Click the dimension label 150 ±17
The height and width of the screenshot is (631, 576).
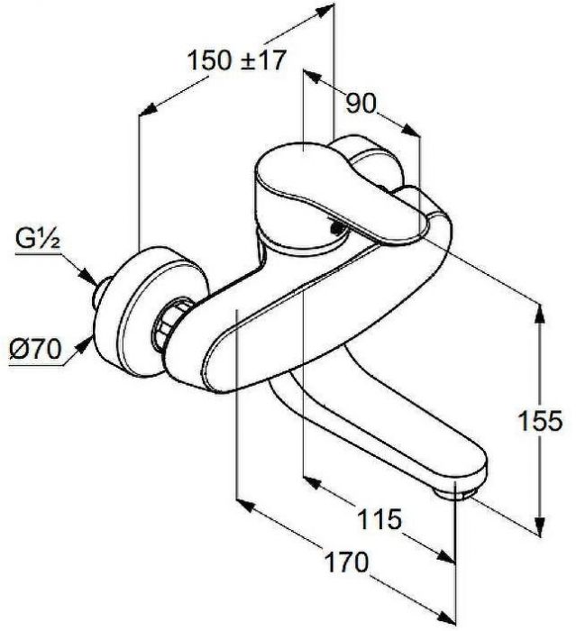[x=237, y=60]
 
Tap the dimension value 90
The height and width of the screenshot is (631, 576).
[x=361, y=104]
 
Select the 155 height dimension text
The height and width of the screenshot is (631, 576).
[x=539, y=421]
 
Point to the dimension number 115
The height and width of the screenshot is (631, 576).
[x=379, y=518]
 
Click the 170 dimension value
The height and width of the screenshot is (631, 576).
[x=346, y=562]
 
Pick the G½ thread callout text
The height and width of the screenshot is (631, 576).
[x=38, y=239]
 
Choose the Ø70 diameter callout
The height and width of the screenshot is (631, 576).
[x=35, y=349]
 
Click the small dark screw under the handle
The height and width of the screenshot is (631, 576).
[x=335, y=229]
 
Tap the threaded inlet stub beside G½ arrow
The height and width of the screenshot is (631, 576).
[x=101, y=293]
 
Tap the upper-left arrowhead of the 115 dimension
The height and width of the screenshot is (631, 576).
[x=313, y=483]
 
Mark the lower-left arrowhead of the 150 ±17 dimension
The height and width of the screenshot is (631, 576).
[x=147, y=110]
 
